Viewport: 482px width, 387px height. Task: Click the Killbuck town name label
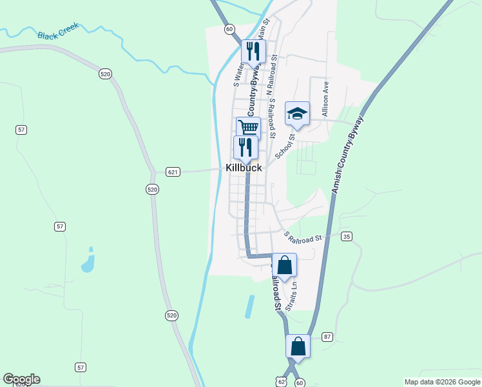pyautogui.click(x=244, y=168)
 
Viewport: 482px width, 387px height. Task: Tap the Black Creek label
pyautogui.click(x=58, y=31)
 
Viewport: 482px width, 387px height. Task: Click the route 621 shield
pyautogui.click(x=173, y=172)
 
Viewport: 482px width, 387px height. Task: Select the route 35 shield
pyautogui.click(x=347, y=236)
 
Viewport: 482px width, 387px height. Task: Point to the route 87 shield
pyautogui.click(x=327, y=337)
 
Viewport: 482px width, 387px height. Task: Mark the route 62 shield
pyautogui.click(x=282, y=382)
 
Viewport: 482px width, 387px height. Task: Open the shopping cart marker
pyautogui.click(x=248, y=127)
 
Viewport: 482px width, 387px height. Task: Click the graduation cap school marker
pyautogui.click(x=297, y=114)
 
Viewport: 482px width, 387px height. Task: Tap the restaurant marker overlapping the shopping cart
pyautogui.click(x=246, y=147)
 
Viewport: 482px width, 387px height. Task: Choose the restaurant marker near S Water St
pyautogui.click(x=253, y=52)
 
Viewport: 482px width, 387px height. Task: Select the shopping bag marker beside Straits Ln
pyautogui.click(x=284, y=265)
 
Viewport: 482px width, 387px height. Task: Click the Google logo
pyautogui.click(x=21, y=379)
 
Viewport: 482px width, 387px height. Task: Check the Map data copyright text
pyautogui.click(x=441, y=382)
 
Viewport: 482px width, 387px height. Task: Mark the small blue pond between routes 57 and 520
pyautogui.click(x=88, y=261)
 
